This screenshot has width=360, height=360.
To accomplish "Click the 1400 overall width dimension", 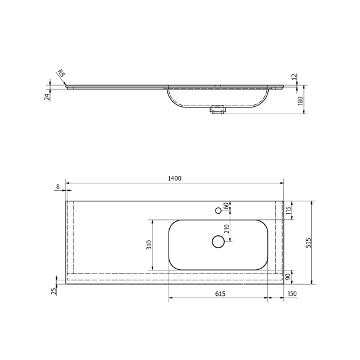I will point(174,178).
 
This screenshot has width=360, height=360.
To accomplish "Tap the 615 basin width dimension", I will point(220,294).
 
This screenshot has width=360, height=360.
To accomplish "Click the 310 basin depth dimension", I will point(148,245).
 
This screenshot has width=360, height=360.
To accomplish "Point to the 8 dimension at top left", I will point(57,186).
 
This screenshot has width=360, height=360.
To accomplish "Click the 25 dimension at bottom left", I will point(54,289).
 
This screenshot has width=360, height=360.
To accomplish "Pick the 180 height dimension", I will point(300,101).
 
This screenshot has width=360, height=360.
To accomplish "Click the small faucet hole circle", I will point(218,211).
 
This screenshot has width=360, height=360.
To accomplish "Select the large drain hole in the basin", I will point(218,241).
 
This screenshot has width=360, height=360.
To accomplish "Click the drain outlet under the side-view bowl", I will point(217,111).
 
